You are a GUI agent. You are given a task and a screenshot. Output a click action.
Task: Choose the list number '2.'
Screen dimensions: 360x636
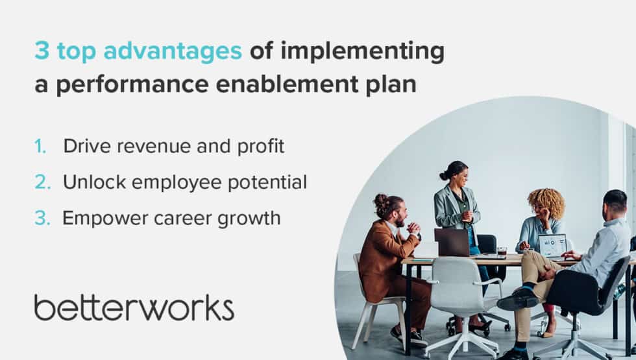(43, 182)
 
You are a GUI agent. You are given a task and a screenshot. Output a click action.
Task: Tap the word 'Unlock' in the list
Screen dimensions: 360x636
(94, 182)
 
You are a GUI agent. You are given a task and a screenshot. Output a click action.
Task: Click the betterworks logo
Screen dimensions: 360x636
(134, 307)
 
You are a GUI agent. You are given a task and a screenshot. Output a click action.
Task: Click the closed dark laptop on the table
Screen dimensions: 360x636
(452, 243)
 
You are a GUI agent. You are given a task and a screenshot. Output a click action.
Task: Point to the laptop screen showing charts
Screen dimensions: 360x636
(552, 245)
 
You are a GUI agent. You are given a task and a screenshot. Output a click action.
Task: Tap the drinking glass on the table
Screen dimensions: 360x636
(502, 252)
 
